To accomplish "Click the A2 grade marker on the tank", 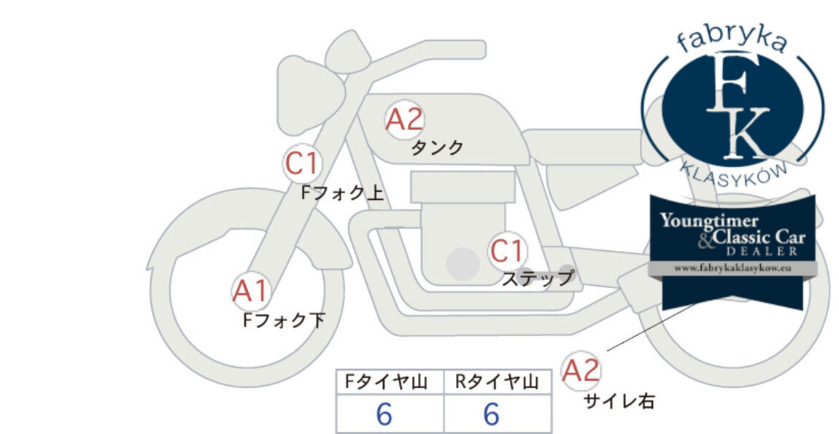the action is pos(404,120).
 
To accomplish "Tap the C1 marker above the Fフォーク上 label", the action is pos(302,164).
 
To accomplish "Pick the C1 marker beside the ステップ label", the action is pos(507,251).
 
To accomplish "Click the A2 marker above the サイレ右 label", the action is pos(581,371).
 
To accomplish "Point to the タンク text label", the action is pos(437,147).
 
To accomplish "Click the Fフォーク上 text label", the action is pos(342,193).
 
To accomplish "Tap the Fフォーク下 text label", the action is pos(284,320).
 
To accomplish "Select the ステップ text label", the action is pos(538,279).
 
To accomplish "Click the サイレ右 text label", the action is pos(619,401).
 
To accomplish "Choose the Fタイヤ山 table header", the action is pos(387,382).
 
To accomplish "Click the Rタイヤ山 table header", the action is pos(497,382).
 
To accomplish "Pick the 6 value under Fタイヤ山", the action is pos(384,414).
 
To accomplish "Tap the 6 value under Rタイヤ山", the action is pos(491,414).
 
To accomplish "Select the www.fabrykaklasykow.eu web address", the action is pos(732,268).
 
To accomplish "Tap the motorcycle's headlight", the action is pos(309,94).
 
